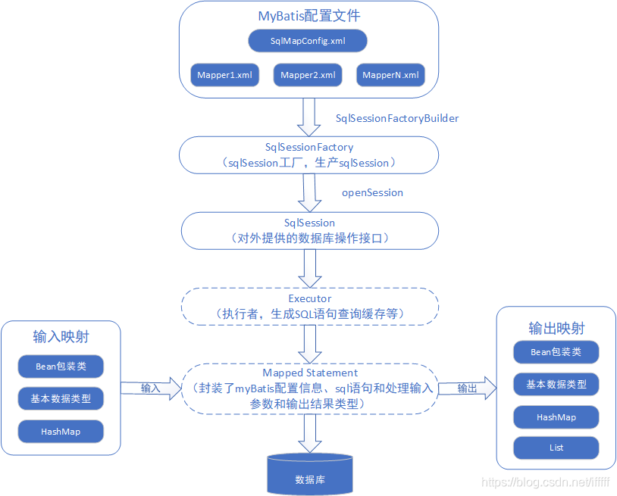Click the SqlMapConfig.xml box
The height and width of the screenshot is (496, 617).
coord(308,41)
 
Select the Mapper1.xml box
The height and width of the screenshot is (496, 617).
coord(224,75)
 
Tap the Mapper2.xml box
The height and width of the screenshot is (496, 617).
coord(308,75)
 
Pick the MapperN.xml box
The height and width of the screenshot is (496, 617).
coord(391,75)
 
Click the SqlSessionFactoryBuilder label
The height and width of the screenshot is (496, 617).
coord(397,118)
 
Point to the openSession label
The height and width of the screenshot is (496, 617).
coord(372,192)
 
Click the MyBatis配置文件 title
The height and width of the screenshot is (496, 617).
coord(308,16)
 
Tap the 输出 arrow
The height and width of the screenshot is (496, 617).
coord(467,388)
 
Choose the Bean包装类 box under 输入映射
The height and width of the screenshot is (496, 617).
coord(61,367)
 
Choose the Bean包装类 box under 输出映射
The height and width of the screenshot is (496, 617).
coord(556,352)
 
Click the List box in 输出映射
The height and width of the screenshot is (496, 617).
coord(556,448)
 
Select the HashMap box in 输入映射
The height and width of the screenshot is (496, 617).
coord(61,432)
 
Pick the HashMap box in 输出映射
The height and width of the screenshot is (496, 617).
coord(556,417)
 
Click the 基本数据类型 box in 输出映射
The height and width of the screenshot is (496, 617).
coord(556,384)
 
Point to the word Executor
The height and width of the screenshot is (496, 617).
coord(309,298)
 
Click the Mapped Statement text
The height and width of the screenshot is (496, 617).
coord(309,373)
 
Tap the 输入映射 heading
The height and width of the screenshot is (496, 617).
coord(61,335)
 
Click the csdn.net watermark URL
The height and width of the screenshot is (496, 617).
coord(546,482)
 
